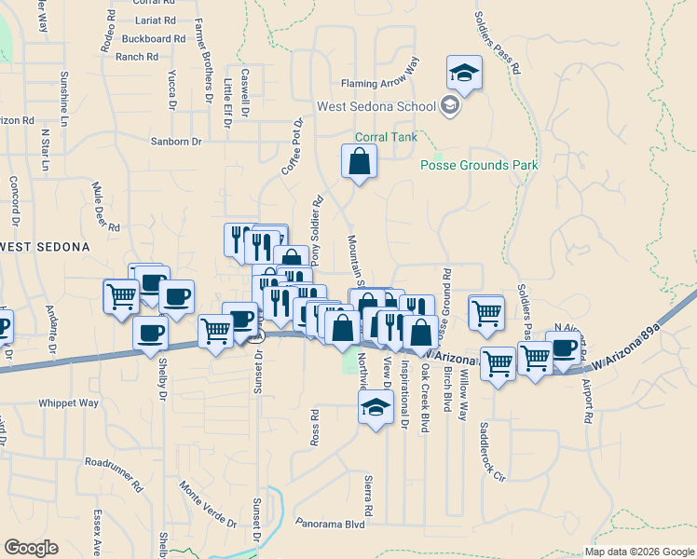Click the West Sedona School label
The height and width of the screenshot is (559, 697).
pyautogui.click(x=376, y=106)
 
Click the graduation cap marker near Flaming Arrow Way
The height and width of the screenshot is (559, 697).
pyautogui.click(x=464, y=72)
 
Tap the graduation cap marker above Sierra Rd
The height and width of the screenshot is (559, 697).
pyautogui.click(x=376, y=407)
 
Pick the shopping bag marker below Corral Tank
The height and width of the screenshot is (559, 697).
pyautogui.click(x=360, y=163)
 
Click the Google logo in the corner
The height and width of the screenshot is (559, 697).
pyautogui.click(x=31, y=548)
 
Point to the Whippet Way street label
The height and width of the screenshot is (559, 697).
pyautogui.click(x=68, y=403)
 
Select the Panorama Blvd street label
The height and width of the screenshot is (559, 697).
pyautogui.click(x=329, y=524)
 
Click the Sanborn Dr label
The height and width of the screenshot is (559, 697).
pyautogui.click(x=176, y=142)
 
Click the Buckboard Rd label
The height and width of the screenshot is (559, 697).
pyautogui.click(x=153, y=39)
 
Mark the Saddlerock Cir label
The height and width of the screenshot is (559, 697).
pyautogui.click(x=491, y=452)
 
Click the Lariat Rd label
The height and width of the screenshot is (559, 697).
pyautogui.click(x=155, y=20)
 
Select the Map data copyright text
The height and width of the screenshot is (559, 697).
pyautogui.click(x=638, y=552)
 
